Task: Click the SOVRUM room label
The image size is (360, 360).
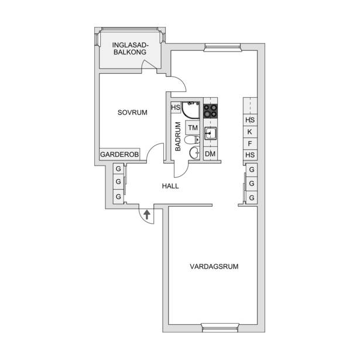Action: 132,112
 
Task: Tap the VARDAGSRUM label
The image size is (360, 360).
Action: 214,266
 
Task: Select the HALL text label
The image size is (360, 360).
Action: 170,186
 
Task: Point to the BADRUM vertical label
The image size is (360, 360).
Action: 178,136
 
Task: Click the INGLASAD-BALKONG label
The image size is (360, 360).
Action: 130,49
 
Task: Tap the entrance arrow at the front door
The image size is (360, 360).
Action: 147,215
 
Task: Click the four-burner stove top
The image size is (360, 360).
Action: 211,111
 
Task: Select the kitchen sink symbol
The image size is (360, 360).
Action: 210,133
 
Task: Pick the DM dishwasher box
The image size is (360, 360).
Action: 210,153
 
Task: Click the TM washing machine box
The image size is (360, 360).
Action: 193,128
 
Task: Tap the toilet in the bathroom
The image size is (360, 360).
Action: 192,140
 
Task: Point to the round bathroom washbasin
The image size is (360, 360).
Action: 195,152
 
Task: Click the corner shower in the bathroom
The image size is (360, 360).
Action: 191,110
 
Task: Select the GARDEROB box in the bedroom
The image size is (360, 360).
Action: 119,155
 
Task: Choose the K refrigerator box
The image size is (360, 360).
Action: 250,132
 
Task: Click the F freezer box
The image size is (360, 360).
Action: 250,144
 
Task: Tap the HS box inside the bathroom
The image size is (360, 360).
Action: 176,108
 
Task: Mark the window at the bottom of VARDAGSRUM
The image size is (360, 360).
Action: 220,328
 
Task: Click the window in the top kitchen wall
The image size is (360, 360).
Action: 222,47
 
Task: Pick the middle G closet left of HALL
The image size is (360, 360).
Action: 118,181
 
